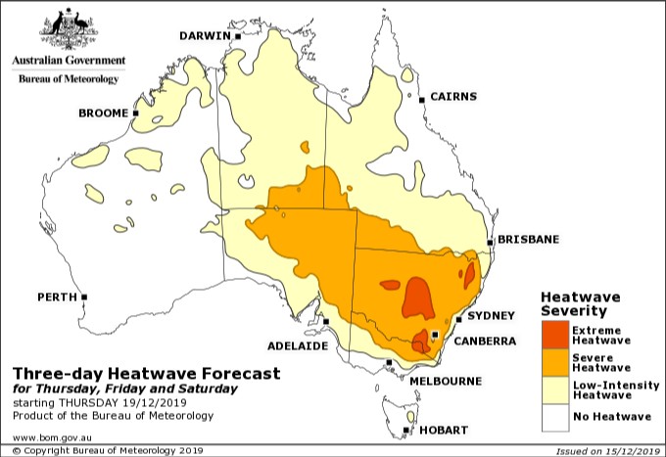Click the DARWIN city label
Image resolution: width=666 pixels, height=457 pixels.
pos(203,36)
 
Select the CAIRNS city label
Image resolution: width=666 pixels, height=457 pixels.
pos(452,97)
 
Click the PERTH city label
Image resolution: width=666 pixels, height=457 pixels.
pos(57,296)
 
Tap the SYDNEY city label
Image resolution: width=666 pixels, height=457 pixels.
pos(493,315)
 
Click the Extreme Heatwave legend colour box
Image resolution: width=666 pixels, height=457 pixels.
pos(554,335)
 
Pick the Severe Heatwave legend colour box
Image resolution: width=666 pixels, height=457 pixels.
pos(554,363)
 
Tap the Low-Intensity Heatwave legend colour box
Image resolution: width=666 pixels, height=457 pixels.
pos(554,391)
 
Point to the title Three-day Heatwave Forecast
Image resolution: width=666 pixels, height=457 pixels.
pos(146,374)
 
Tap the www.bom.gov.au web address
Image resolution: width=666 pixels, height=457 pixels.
pos(52,436)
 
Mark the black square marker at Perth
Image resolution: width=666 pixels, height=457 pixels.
pos(84,297)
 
